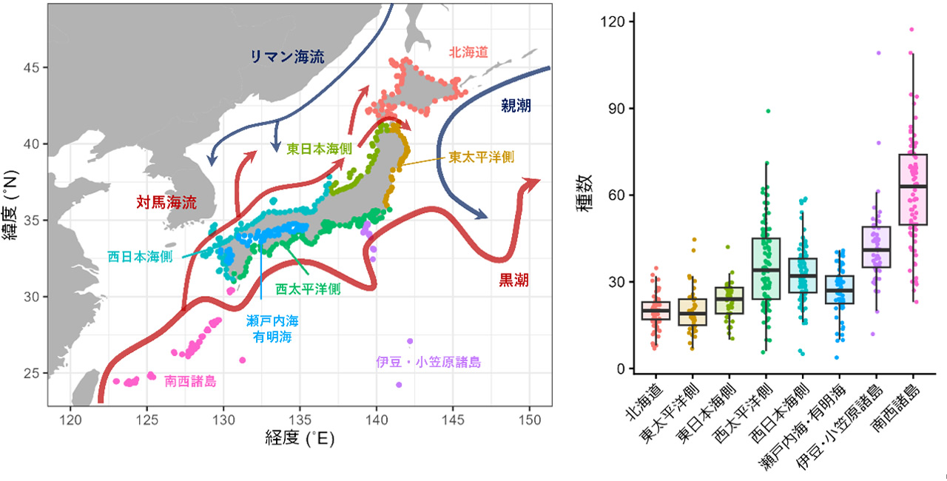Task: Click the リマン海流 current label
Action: point(287,57)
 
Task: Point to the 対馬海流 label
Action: point(166,201)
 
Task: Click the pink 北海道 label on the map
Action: point(467,52)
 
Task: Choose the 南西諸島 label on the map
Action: point(191,381)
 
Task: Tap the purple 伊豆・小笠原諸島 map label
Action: point(428,363)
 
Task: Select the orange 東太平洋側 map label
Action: point(481,157)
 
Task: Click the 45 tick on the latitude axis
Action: point(33,67)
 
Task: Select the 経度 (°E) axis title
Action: point(300,438)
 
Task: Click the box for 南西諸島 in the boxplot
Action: point(912,189)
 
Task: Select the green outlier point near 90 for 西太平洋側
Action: point(768,111)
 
